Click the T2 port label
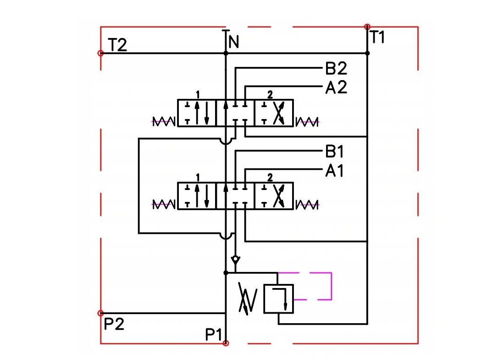pyautogui.click(x=117, y=45)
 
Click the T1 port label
pyautogui.click(x=378, y=37)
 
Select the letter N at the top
pyautogui.click(x=233, y=42)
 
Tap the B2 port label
pyautogui.click(x=336, y=68)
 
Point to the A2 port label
pyautogui.click(x=336, y=87)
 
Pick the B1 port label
pyautogui.click(x=334, y=152)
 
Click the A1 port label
pyautogui.click(x=334, y=171)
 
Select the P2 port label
pyautogui.click(x=114, y=324)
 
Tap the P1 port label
pyautogui.click(x=214, y=335)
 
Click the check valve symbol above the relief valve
pyautogui.click(x=236, y=261)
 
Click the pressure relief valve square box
pyautogui.click(x=278, y=299)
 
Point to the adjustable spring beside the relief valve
pyautogui.click(x=248, y=299)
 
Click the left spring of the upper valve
pyautogui.click(x=164, y=122)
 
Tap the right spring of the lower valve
pyautogui.click(x=307, y=205)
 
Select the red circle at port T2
pyautogui.click(x=100, y=53)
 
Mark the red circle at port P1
pyautogui.click(x=226, y=343)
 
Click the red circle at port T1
pyautogui.click(x=367, y=27)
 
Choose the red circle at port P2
pyautogui.click(x=100, y=313)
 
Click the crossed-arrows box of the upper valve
pyautogui.click(x=274, y=113)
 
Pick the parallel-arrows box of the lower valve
pyautogui.click(x=197, y=196)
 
